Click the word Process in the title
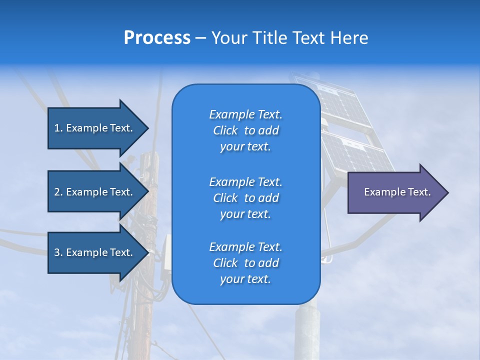coord(157,38)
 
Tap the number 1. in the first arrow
coord(58,128)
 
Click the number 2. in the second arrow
coord(58,192)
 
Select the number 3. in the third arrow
coord(58,252)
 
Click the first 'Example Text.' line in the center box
coord(245,114)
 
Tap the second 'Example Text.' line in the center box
coord(245,181)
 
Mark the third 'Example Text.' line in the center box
coord(245,246)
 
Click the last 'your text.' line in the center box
coord(245,279)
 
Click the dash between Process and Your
coord(200,38)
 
